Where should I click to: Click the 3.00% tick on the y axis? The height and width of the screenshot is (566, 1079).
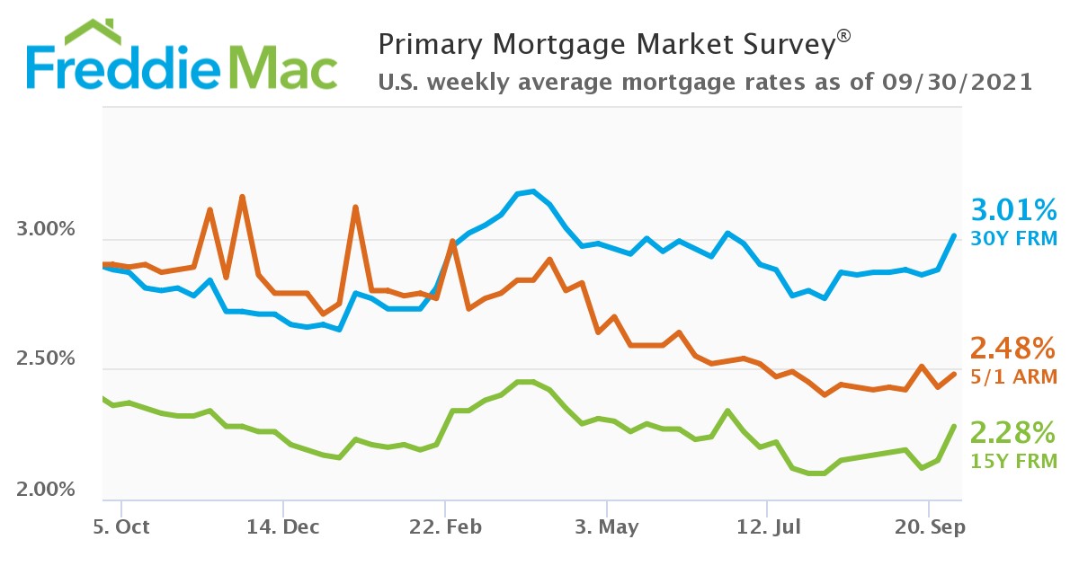coord(46,229)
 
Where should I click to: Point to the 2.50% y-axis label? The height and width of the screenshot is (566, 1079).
coord(46,359)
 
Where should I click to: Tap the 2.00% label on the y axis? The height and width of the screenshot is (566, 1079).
coord(46,490)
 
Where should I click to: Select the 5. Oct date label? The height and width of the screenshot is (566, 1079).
coord(121,526)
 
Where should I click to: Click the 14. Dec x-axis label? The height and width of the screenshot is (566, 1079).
coord(282,526)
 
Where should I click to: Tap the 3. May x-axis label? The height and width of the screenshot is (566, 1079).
coord(607,526)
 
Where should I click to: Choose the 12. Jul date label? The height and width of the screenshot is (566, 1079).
coord(767,526)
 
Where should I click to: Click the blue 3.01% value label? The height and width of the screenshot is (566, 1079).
coord(1014,212)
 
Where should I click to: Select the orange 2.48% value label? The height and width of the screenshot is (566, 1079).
coord(1012,348)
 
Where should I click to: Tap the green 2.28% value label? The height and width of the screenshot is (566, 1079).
coord(1012,433)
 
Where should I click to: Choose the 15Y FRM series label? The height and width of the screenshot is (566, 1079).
coord(1013,462)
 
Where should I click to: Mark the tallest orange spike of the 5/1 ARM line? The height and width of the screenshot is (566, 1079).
coord(242,197)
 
